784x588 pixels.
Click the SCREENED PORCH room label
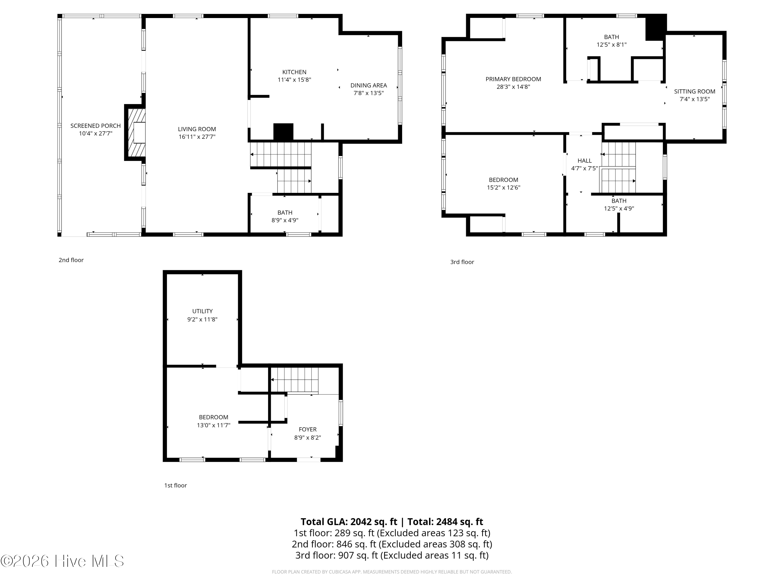tap(95, 126)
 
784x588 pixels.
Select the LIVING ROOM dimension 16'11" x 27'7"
tap(197, 137)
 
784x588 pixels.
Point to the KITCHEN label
tap(294, 72)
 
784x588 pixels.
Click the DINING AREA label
tap(368, 85)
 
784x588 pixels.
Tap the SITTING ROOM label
tap(695, 91)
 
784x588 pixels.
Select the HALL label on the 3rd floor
tap(584, 160)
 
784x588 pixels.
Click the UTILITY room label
tap(202, 311)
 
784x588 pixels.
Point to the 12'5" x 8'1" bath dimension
tap(612, 45)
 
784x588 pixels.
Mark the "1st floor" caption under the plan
tap(175, 486)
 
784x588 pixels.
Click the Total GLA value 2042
tap(361, 522)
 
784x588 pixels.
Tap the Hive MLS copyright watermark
tap(62, 561)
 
